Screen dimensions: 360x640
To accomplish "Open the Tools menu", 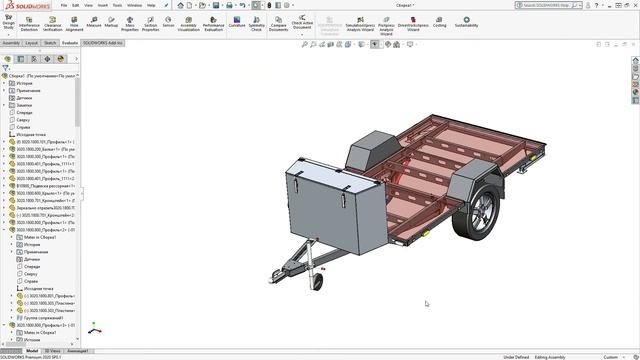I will tap(118, 5).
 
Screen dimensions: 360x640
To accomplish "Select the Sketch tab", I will tap(50, 43).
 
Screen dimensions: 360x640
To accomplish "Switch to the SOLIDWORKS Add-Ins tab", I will tap(102, 43).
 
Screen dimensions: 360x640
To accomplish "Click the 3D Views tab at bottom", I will tap(52, 351).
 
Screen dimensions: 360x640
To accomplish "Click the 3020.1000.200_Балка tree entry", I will tap(45, 149).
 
